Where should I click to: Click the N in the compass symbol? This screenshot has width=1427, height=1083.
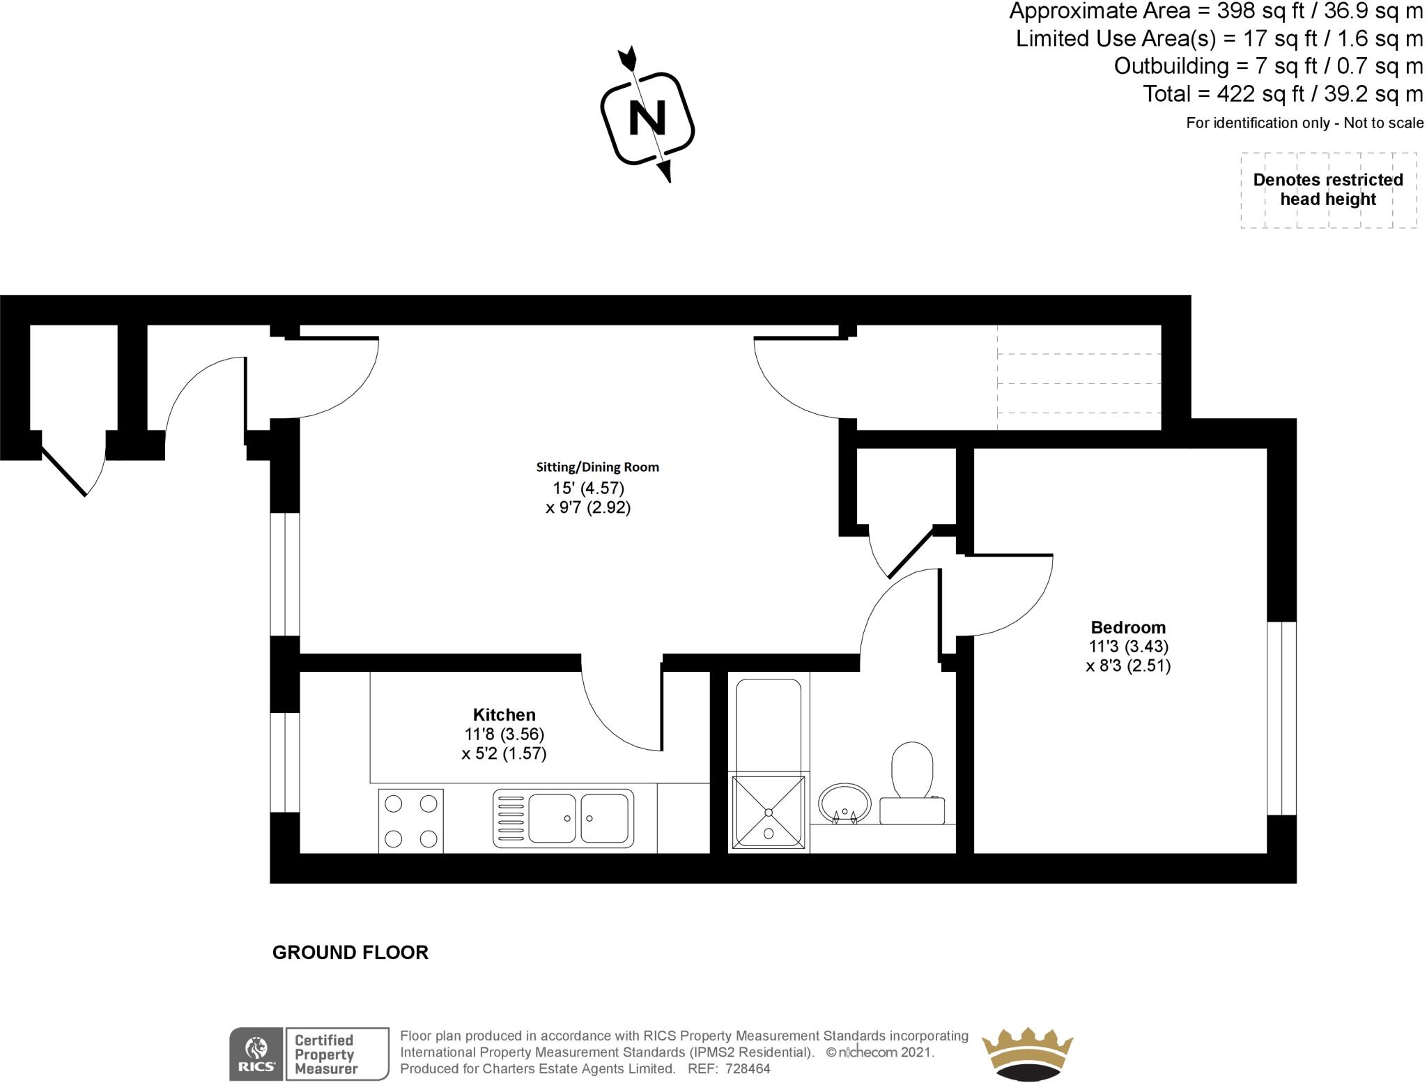647,118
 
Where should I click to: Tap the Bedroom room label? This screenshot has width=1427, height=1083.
1128,627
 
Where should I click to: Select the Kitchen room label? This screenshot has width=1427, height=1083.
504,714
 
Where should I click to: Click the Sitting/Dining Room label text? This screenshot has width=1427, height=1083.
597,467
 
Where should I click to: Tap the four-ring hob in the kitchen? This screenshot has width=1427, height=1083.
411,820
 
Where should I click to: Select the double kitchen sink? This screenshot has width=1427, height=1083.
563,818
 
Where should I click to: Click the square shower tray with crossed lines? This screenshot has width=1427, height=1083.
769,812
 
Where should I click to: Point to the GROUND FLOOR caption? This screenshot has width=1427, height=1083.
350,952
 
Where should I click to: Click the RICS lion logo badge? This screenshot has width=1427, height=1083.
256,1054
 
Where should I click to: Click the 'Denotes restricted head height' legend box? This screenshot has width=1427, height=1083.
1328,190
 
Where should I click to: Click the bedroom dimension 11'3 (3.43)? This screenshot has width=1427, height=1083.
1128,647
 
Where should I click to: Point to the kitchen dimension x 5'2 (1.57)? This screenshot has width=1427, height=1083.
504,753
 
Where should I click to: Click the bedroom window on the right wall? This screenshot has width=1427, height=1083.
1281,718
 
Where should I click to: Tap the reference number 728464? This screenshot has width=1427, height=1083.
748,1069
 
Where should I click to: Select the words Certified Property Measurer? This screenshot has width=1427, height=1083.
325,1054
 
